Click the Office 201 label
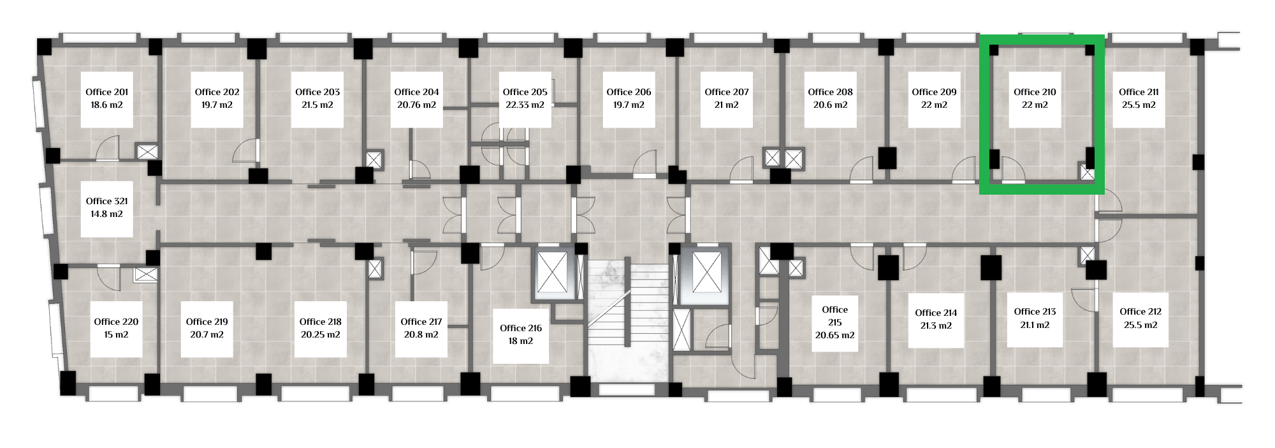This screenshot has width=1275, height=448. tap(107, 92)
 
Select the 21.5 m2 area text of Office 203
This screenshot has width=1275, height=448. tap(317, 105)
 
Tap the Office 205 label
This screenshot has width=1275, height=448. tap(525, 92)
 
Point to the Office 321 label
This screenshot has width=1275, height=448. tap(107, 201)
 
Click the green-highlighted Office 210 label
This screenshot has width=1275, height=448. tap(1035, 92)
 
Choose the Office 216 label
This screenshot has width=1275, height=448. tap(521, 328)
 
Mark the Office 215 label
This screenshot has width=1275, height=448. tap(834, 316)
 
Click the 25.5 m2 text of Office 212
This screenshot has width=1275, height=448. tap(1140, 325)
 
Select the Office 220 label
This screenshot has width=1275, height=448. tap(116, 322)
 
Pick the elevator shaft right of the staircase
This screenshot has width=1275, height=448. tap(706, 273)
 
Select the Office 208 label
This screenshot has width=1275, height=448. tap(830, 92)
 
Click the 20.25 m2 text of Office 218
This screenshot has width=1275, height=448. tap(320, 335)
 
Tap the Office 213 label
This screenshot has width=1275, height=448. tap(1035, 311)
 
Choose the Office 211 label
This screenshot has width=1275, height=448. tap(1139, 92)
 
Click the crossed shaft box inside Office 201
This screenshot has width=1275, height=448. tap(147, 152)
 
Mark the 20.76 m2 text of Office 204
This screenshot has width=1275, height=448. tap(416, 105)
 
